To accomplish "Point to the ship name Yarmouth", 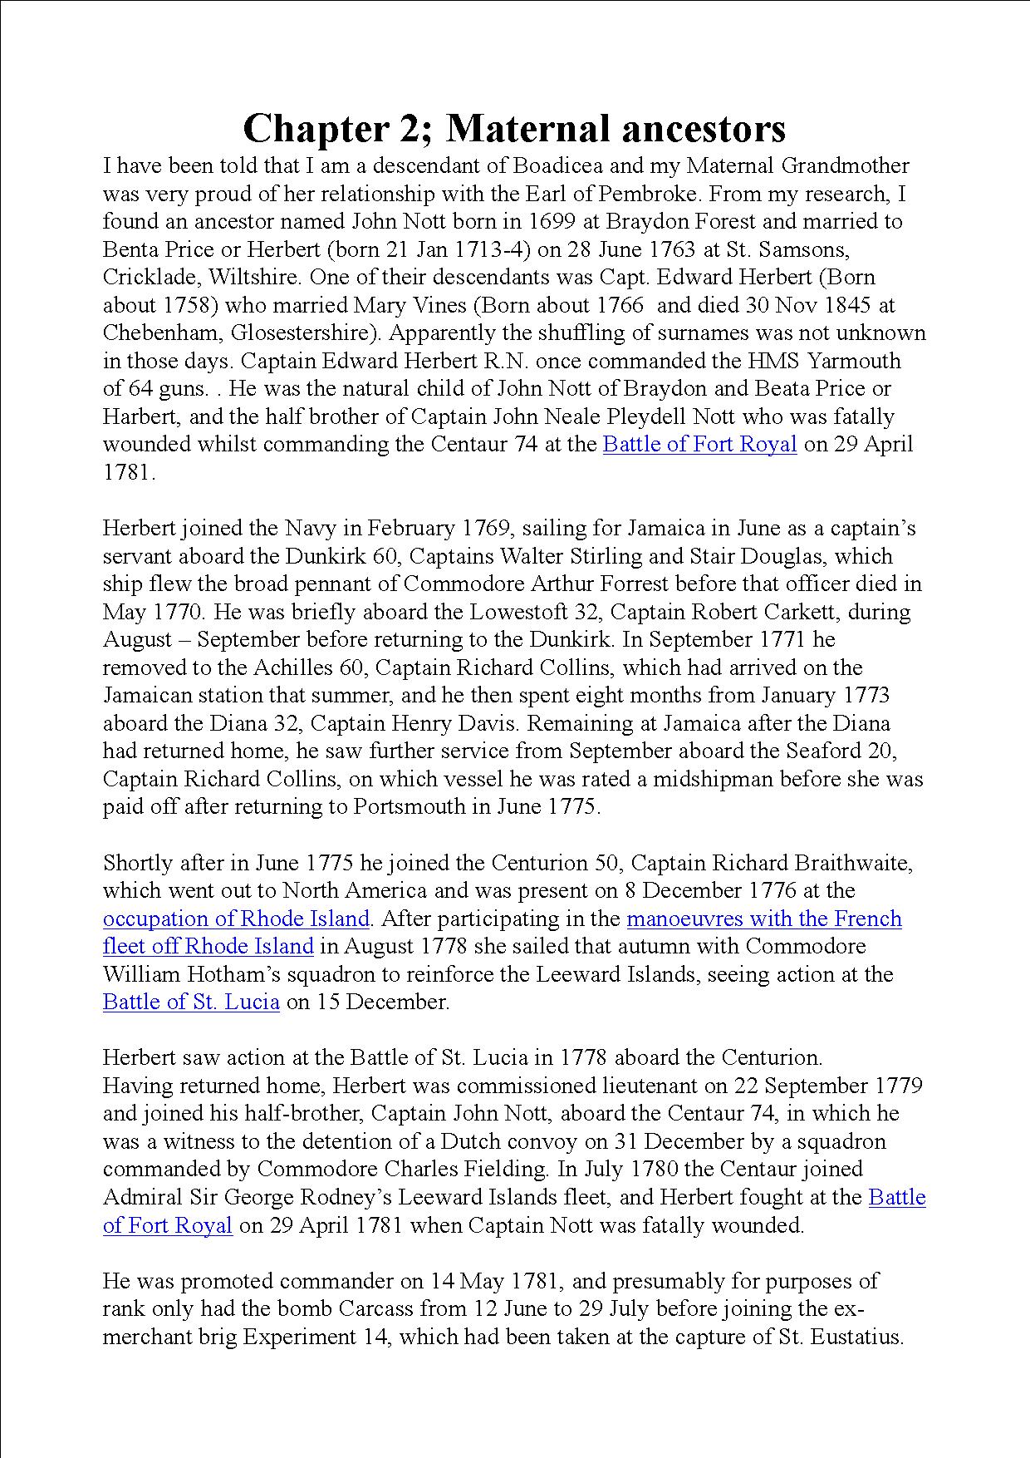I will [856, 361].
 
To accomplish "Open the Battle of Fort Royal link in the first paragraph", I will [699, 445].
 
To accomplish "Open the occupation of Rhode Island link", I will [236, 919].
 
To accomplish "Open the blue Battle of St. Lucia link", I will [191, 1002].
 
